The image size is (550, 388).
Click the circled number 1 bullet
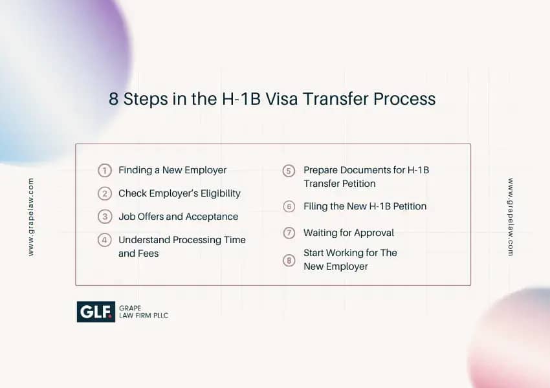pyautogui.click(x=105, y=170)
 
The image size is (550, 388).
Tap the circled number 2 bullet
pyautogui.click(x=105, y=193)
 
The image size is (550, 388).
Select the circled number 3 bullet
pyautogui.click(x=105, y=217)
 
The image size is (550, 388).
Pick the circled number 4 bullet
pyautogui.click(x=105, y=240)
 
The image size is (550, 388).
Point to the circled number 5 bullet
pyautogui.click(x=289, y=171)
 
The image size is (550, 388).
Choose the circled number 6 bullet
pyautogui.click(x=289, y=206)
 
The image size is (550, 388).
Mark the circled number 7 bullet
pyautogui.click(x=289, y=233)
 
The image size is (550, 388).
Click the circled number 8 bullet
pyautogui.click(x=289, y=261)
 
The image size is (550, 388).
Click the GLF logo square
pyautogui.click(x=96, y=312)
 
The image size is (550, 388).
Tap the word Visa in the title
pyautogui.click(x=281, y=99)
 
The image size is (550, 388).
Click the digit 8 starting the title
pyautogui.click(x=113, y=99)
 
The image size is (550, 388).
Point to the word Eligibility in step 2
pyautogui.click(x=220, y=193)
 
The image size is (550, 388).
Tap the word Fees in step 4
pyautogui.click(x=148, y=253)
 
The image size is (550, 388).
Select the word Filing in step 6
pyautogui.click(x=315, y=206)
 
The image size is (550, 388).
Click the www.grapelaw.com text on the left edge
pyautogui.click(x=31, y=217)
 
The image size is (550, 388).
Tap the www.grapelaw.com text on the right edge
pyautogui.click(x=511, y=217)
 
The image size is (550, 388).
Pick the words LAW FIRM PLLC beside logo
pyautogui.click(x=144, y=316)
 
